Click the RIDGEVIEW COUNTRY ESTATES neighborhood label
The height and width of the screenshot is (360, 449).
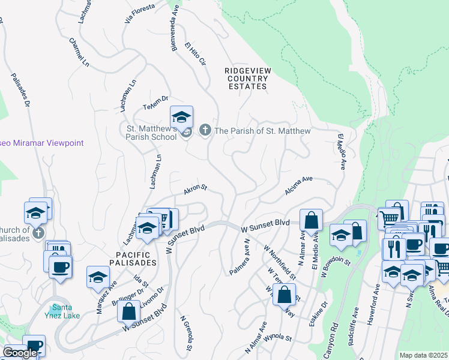pyautogui.click(x=247, y=79)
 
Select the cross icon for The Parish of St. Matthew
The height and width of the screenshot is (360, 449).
pyautogui.click(x=205, y=130)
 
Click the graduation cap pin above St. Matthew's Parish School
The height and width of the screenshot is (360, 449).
pyautogui.click(x=182, y=116)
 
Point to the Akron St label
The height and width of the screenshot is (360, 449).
pyautogui.click(x=195, y=190)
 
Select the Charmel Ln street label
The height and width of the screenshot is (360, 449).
pyautogui.click(x=79, y=53)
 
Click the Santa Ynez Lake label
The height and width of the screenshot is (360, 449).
pyautogui.click(x=61, y=311)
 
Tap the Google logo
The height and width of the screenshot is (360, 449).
pyautogui.click(x=19, y=353)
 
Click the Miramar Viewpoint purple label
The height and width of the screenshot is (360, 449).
pyautogui.click(x=42, y=143)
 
